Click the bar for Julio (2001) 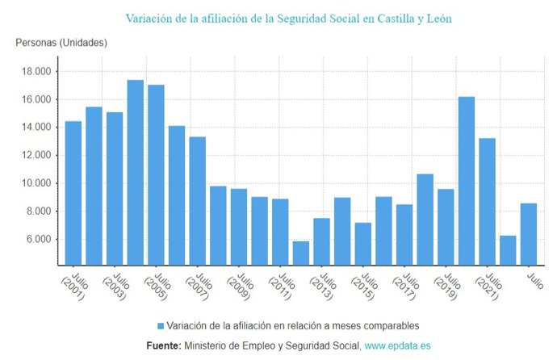tap(73, 193)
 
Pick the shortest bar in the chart tap(300, 253)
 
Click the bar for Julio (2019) tap(446, 227)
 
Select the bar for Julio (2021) tap(487, 202)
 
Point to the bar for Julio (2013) tap(321, 241)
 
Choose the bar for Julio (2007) tap(197, 201)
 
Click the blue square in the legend tap(161, 326)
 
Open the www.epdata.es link tap(397, 345)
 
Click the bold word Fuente tap(163, 345)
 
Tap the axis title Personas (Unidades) tap(61, 42)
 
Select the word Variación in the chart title tap(149, 17)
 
